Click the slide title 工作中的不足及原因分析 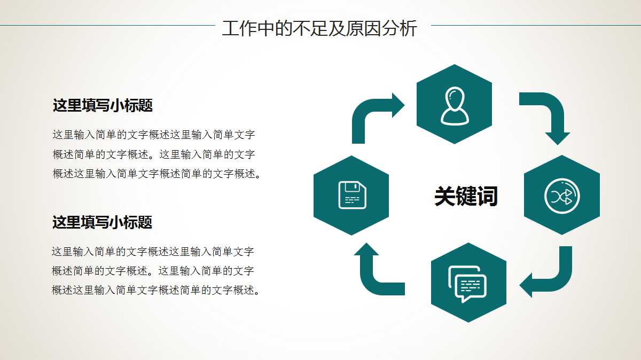point(319,28)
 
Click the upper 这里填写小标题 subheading point(103,105)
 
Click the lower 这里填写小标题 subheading point(102,222)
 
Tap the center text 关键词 point(465,196)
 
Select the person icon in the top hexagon point(454,105)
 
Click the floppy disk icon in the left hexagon point(352,195)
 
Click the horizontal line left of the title point(107,25)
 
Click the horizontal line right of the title point(534,25)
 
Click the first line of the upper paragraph point(153,135)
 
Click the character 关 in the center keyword point(444,196)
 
